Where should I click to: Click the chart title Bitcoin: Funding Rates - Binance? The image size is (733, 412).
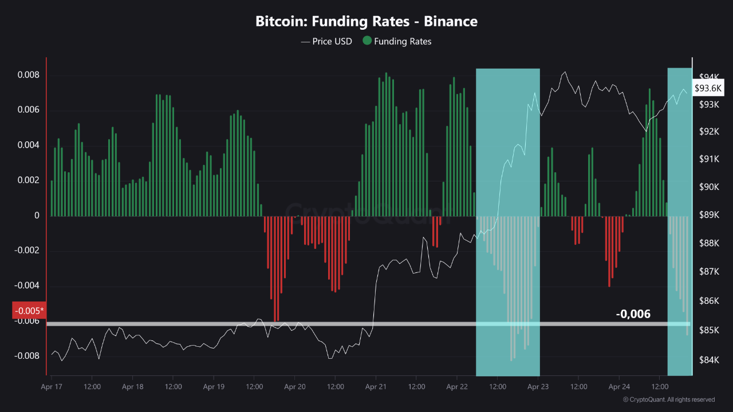pyautogui.click(x=366, y=22)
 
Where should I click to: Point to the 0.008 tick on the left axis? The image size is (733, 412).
pyautogui.click(x=28, y=75)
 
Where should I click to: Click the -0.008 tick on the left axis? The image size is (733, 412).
pyautogui.click(x=27, y=356)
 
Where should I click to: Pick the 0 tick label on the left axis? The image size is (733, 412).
pyautogui.click(x=37, y=216)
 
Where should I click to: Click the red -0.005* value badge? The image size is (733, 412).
pyautogui.click(x=29, y=311)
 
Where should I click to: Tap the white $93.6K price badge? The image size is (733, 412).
pyautogui.click(x=708, y=88)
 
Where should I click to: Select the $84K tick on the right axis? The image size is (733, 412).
pyautogui.click(x=710, y=360)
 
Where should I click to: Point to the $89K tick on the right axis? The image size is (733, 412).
pyautogui.click(x=710, y=215)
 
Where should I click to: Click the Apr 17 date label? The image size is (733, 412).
pyautogui.click(x=52, y=387)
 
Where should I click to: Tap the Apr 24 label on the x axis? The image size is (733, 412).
pyautogui.click(x=618, y=387)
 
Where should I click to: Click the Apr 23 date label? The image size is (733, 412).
pyautogui.click(x=538, y=387)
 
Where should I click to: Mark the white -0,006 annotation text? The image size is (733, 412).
pyautogui.click(x=633, y=314)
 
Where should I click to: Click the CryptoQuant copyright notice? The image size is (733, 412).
pyautogui.click(x=668, y=399)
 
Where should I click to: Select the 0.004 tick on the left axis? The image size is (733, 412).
pyautogui.click(x=28, y=145)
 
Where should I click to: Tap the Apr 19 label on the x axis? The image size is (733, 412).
pyautogui.click(x=213, y=387)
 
